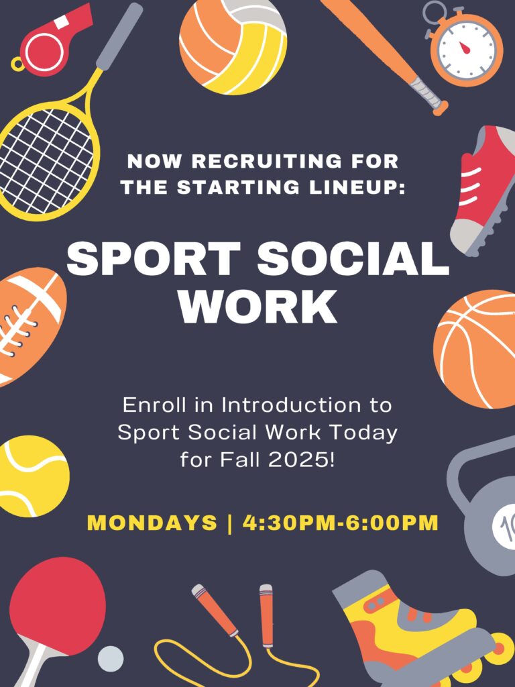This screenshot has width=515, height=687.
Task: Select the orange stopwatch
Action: click(465, 46)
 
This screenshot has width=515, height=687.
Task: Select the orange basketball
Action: click(475, 349)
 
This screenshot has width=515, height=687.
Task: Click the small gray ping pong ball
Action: click(110, 659)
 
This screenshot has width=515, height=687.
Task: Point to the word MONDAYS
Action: click(152, 523)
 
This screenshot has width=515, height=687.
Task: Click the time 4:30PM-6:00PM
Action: click(340, 523)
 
